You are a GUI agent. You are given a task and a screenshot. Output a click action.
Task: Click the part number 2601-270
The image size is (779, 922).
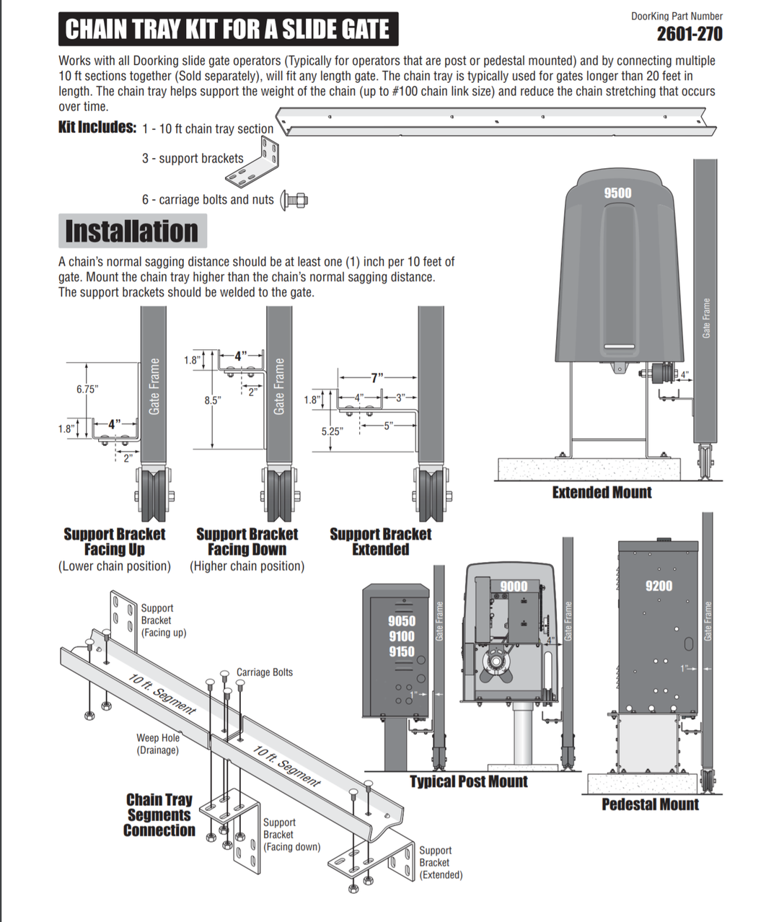[689, 33]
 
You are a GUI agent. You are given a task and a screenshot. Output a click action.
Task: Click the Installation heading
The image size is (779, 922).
[131, 232]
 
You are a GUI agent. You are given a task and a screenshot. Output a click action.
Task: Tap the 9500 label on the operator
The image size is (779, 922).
[617, 193]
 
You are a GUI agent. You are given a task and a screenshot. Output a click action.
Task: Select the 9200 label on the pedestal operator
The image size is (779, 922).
[659, 585]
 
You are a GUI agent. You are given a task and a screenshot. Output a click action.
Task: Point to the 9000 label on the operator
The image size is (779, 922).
[514, 586]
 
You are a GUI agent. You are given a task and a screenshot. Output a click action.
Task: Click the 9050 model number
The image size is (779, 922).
[401, 621]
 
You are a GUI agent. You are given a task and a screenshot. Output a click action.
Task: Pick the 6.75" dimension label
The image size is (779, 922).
[87, 389]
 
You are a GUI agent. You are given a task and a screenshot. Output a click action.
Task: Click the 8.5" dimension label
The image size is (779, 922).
[212, 400]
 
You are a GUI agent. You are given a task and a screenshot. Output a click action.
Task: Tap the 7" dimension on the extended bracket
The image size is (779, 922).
[377, 377]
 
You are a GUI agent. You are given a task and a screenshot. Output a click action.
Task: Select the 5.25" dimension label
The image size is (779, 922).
[332, 431]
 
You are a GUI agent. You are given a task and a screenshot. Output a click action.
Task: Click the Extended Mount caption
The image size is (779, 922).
[602, 493]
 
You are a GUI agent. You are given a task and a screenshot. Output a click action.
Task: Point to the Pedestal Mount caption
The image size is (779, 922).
[650, 804]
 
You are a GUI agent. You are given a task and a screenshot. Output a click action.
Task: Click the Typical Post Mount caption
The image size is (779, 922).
[469, 781]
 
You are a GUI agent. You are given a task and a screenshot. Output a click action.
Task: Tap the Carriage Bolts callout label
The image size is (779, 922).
[265, 672]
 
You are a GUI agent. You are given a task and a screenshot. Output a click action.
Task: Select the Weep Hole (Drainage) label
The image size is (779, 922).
[158, 744]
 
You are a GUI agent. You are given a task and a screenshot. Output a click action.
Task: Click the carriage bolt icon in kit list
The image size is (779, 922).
[294, 199]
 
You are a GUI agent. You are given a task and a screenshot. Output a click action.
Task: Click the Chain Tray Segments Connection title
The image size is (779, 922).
[159, 815]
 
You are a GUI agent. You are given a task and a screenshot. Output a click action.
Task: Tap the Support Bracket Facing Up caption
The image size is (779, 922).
[114, 542]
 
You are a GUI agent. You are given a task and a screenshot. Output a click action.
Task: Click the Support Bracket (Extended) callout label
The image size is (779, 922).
[440, 863]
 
